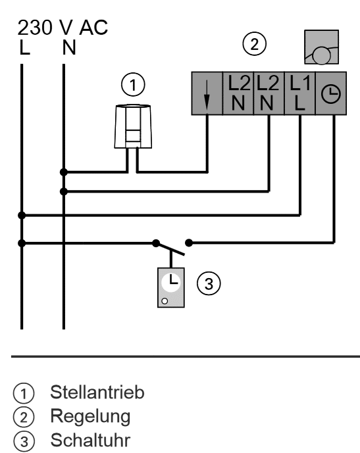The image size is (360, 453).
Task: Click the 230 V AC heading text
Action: pos(63,28)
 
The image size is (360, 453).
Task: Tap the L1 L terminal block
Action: pos(300,93)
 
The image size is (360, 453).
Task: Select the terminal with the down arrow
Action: pos(207,93)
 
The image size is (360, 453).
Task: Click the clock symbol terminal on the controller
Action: pos(331,93)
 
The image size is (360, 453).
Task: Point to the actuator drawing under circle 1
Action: pos(133,126)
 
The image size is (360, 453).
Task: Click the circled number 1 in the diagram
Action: pos(133,85)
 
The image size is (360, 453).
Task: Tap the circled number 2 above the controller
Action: pos(254,44)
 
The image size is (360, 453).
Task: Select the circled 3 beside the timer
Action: pos(209,283)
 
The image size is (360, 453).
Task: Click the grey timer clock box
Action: pos(171,287)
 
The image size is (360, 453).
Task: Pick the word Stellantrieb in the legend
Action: pos(97,393)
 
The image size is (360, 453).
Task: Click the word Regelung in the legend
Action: pos(90,417)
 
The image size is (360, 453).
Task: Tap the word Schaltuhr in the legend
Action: pos(90,441)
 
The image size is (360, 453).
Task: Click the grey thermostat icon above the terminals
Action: pos(322,47)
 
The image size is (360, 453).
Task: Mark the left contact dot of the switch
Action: pos(156,243)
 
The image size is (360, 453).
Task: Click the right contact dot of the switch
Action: pos(189,243)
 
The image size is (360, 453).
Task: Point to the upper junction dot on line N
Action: pos(64,172)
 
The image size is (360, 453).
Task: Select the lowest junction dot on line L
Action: pos(22,243)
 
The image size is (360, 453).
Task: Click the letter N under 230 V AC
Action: pos(69,47)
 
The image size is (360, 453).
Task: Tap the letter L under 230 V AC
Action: pos(24,47)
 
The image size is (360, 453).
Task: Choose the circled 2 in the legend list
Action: pos(24,417)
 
